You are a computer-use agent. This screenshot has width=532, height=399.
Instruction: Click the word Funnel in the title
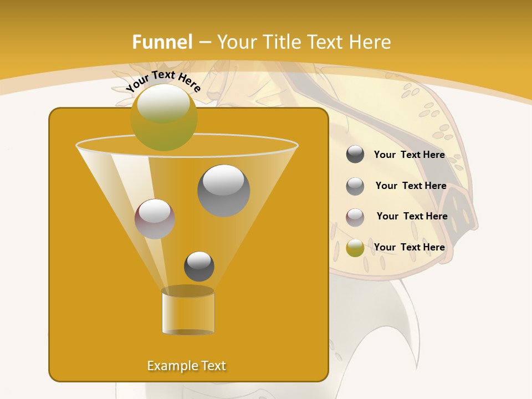(162, 42)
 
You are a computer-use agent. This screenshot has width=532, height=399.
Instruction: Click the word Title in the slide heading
(282, 42)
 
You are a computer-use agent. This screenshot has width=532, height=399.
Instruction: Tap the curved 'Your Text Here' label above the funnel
(163, 81)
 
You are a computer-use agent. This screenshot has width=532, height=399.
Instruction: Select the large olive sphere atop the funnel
(164, 117)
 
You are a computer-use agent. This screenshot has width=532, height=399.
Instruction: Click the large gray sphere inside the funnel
(224, 191)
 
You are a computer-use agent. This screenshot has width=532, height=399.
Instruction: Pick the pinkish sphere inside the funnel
(155, 219)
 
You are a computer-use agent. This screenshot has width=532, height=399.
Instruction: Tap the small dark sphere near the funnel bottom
(199, 266)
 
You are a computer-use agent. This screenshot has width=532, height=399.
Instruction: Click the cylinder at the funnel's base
(188, 311)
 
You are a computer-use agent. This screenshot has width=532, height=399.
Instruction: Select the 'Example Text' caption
(187, 366)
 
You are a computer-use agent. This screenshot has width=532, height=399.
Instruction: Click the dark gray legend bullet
(355, 155)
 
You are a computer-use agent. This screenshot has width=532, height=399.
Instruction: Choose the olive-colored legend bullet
(355, 248)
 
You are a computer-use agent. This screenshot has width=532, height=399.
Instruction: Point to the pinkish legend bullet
(355, 217)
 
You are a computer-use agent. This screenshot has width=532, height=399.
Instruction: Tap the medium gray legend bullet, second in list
(355, 186)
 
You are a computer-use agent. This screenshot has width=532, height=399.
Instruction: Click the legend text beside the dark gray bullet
(410, 155)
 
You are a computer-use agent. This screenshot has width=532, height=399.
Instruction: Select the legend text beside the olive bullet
(410, 247)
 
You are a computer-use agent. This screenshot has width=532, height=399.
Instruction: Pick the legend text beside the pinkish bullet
(412, 216)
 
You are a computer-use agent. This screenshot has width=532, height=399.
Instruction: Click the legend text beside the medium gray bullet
(411, 186)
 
